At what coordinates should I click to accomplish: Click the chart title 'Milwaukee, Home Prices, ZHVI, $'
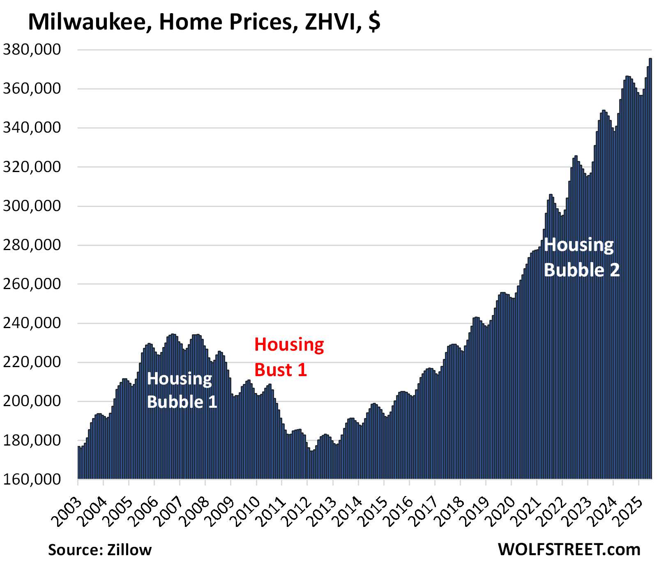[x=204, y=22]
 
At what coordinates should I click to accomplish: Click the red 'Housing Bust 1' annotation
[x=289, y=357]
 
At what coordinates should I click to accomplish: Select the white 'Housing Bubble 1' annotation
[x=182, y=390]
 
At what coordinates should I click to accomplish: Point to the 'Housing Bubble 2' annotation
[x=581, y=257]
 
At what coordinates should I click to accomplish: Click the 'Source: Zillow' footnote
[x=100, y=549]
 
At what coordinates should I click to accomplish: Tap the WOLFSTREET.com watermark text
[x=569, y=549]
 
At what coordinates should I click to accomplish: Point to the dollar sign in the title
[x=374, y=22]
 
